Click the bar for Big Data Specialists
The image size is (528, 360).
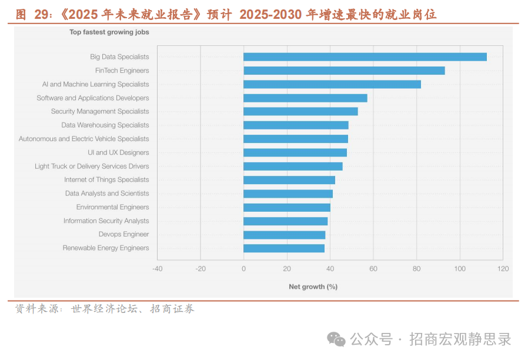365,57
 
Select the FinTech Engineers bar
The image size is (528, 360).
344,71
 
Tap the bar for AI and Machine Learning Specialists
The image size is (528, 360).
332,84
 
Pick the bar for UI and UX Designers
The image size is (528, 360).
295,152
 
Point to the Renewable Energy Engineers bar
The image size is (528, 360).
284,248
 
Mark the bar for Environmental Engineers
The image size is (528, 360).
287,207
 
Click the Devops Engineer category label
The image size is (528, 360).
123,234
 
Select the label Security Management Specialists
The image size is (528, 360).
100,111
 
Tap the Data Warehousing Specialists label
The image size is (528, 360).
105,125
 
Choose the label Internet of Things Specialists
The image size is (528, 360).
106,179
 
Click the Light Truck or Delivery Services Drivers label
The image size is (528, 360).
92,166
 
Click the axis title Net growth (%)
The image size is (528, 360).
313,286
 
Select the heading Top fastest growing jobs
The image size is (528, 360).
109,32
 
